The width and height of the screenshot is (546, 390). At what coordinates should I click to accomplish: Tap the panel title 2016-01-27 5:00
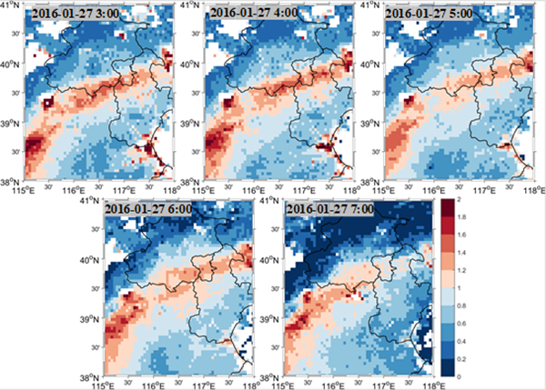pos(431,15)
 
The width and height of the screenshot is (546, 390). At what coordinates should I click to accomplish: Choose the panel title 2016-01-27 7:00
pos(329,210)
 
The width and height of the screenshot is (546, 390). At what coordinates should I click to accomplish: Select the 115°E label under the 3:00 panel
pos(23,189)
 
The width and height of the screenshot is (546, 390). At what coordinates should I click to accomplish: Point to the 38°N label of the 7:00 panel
pos(268,376)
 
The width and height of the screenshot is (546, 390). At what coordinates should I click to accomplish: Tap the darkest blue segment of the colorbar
pos(449,367)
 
